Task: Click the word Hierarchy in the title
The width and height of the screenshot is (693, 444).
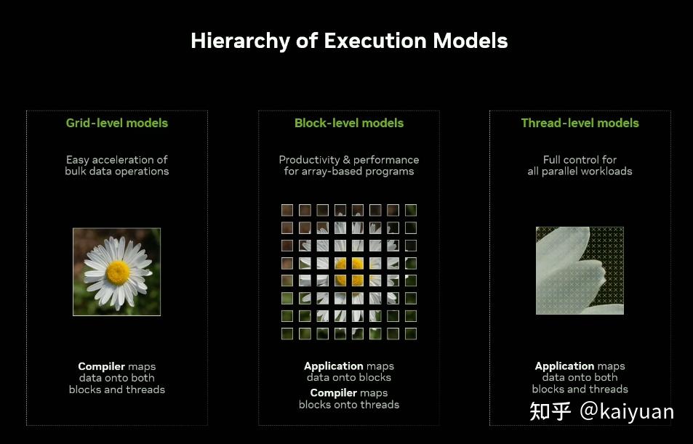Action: (240, 41)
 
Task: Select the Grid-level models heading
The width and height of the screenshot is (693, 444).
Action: (117, 123)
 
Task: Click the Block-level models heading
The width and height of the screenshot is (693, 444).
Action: (349, 123)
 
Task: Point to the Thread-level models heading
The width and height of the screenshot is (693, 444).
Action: (580, 123)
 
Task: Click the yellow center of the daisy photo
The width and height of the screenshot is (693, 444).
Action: (118, 273)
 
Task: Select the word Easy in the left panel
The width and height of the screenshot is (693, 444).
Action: (77, 160)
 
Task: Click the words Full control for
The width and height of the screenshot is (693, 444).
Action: (580, 159)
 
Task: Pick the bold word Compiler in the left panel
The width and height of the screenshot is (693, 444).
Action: (102, 367)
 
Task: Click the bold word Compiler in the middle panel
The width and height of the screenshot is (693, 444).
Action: (334, 393)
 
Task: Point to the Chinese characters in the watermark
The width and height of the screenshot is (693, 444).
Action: (550, 411)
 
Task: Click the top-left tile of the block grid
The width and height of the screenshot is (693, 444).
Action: (287, 210)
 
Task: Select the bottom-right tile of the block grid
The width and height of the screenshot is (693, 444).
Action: (411, 334)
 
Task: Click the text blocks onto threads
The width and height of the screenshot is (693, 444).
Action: (349, 405)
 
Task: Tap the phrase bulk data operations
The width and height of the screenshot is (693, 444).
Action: (117, 171)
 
